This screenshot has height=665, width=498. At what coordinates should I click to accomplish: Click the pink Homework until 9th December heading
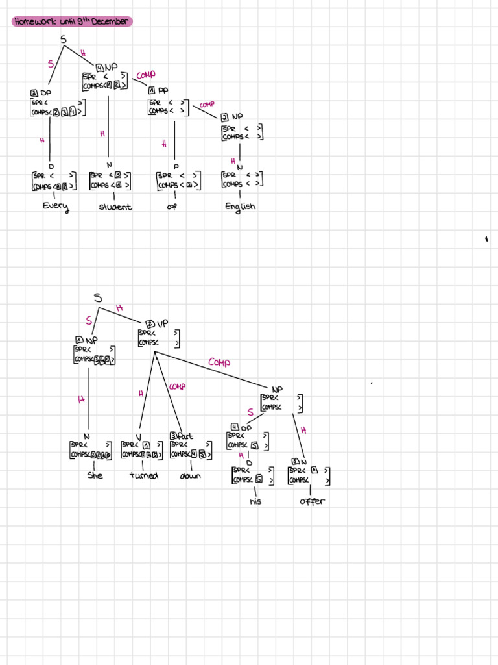point(71,22)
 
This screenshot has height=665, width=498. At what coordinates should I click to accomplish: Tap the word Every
point(55,207)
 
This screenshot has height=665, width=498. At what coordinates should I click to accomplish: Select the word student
point(115,207)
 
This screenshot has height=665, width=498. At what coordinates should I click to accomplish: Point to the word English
point(240,207)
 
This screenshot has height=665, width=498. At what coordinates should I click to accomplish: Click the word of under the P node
point(172,207)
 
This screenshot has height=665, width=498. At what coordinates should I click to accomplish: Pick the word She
point(95,475)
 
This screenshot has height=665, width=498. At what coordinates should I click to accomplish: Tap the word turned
point(143,475)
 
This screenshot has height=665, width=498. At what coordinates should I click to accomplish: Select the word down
point(191,475)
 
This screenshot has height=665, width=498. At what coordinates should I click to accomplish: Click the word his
point(255,501)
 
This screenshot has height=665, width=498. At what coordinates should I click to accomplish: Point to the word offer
point(312,501)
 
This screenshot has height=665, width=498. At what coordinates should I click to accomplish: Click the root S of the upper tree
point(64,40)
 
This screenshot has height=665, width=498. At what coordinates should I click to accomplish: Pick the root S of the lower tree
point(98,297)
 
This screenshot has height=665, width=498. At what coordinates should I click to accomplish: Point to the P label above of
point(176,166)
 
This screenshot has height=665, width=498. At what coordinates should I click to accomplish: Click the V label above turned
point(138,436)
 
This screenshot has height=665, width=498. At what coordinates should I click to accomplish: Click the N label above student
point(109,165)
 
